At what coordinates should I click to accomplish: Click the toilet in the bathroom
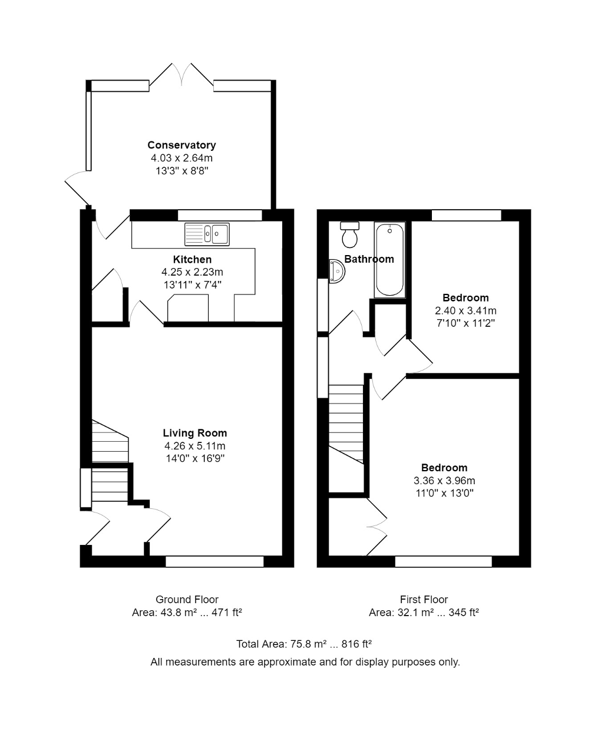(x=349, y=234)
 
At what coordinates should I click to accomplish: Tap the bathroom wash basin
(x=336, y=272)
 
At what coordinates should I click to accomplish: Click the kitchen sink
(x=207, y=234)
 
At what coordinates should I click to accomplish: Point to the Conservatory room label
(x=181, y=145)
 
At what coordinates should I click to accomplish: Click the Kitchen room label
(x=192, y=259)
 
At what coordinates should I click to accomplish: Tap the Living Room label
(x=194, y=433)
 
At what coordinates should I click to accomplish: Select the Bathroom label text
(x=369, y=259)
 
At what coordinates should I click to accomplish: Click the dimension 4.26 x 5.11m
(x=194, y=446)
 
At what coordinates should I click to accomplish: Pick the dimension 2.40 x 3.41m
(x=465, y=310)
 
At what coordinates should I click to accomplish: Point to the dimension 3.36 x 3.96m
(x=444, y=480)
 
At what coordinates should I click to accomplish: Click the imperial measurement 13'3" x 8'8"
(x=181, y=171)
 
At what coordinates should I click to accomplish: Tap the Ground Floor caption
(x=187, y=599)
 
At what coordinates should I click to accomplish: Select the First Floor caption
(x=424, y=599)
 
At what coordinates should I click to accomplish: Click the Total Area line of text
(x=303, y=644)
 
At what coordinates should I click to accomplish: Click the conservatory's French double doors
(x=181, y=76)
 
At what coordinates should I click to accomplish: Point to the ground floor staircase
(x=110, y=461)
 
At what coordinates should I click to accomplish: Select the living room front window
(x=214, y=561)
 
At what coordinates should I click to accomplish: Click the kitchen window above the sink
(x=220, y=215)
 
